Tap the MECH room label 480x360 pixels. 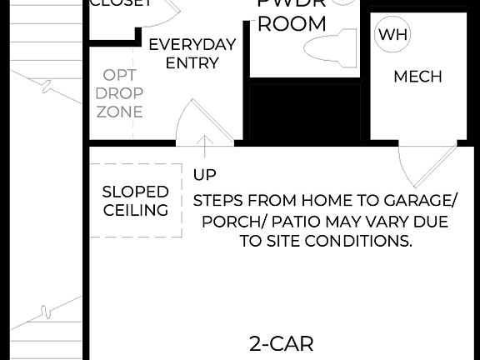coord(417,77)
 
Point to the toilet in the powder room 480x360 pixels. coord(330,49)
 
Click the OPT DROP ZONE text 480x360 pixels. coord(119,93)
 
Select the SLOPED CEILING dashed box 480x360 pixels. coord(135,201)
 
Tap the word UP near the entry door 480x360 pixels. coord(204,175)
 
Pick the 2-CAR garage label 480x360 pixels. coord(282,343)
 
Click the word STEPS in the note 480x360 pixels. coord(219,202)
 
